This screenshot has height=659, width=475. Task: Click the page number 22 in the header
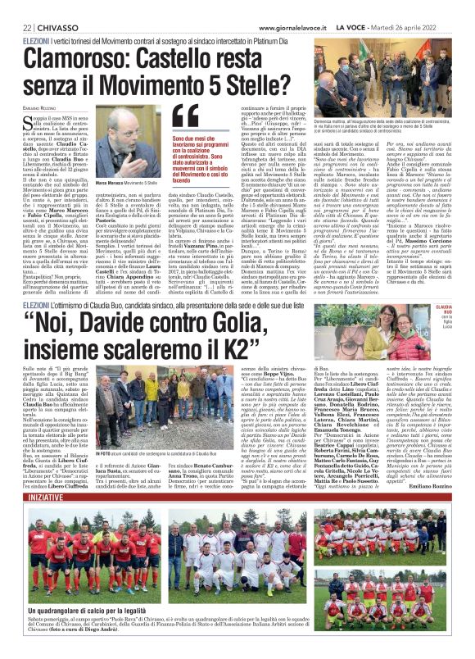pos(16,27)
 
